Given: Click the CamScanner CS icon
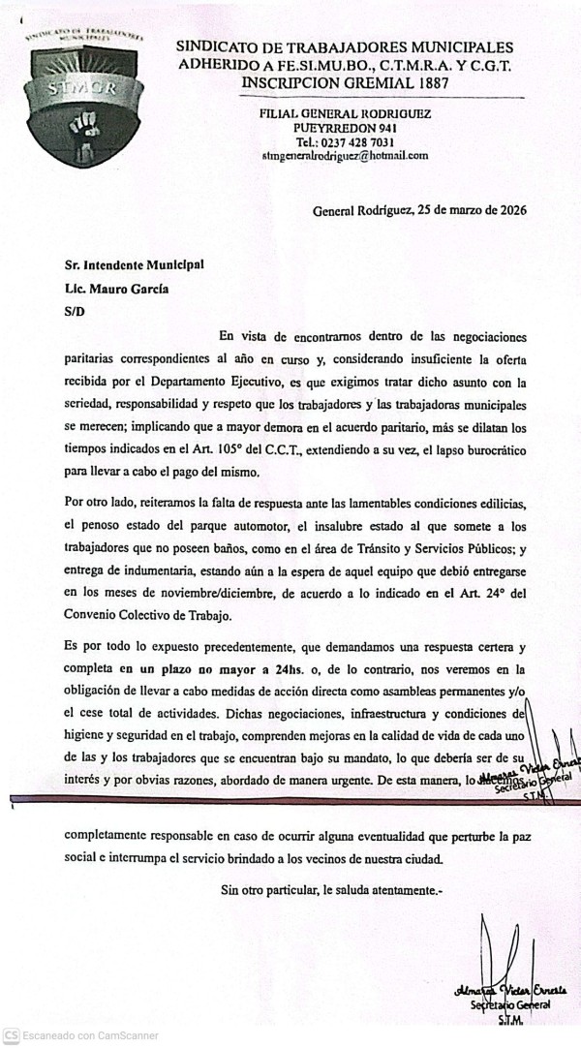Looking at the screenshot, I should coord(11,1035).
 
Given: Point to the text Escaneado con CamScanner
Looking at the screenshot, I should coord(91,1035).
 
